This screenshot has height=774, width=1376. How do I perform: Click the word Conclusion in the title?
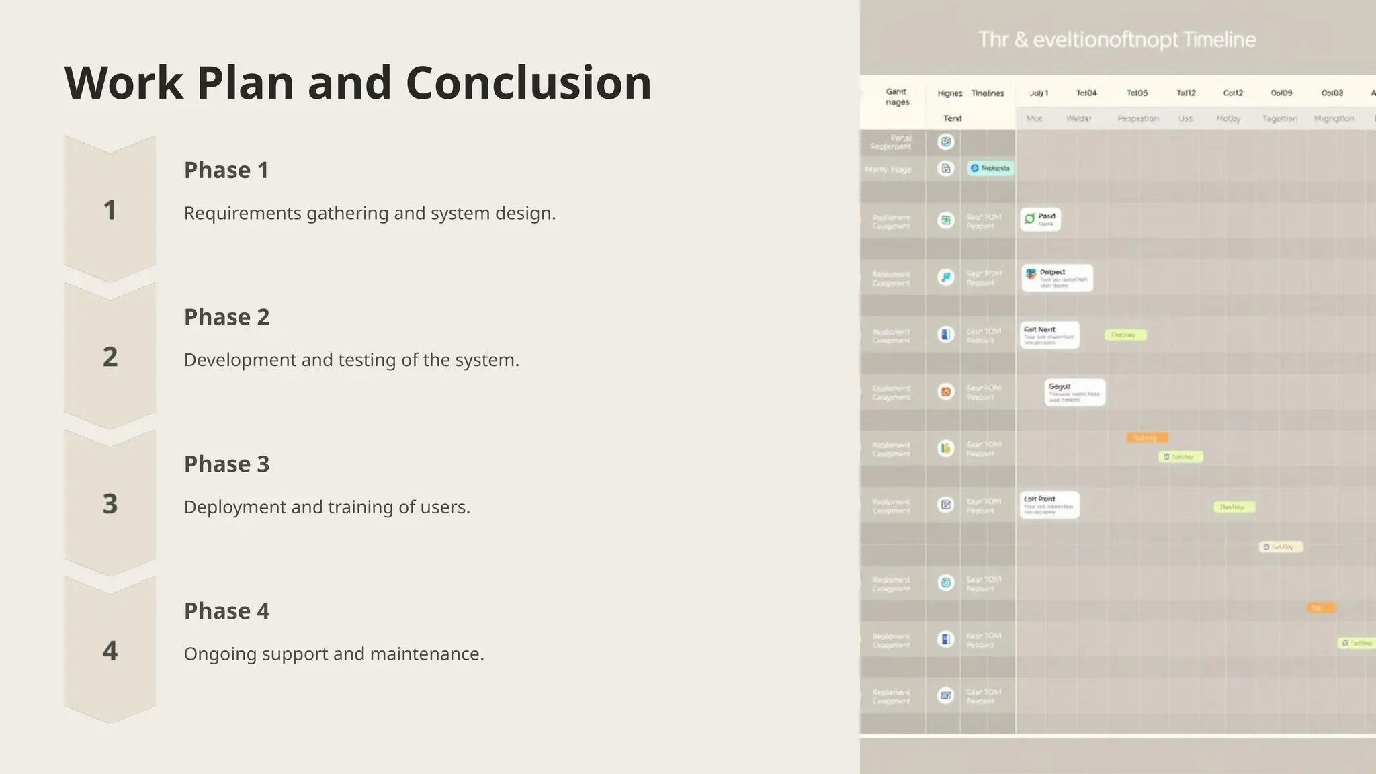[x=528, y=83]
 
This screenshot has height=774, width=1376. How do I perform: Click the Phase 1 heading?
[x=226, y=171]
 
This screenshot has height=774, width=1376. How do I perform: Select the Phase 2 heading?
[x=226, y=317]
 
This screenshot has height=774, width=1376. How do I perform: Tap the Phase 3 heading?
[x=226, y=464]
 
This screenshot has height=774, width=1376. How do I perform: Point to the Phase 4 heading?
[x=226, y=611]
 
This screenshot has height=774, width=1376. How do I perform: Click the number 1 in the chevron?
[x=110, y=210]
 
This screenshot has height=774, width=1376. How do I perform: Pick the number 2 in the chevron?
[x=110, y=357]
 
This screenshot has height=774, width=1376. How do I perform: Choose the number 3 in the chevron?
[x=110, y=504]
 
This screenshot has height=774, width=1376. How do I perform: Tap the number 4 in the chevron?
[x=110, y=651]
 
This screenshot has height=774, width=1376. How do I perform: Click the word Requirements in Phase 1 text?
[x=243, y=214]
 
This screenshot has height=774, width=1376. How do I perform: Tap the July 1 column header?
[x=1039, y=93]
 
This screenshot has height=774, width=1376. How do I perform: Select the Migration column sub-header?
[x=1334, y=119]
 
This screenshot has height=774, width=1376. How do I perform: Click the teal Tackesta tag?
[x=990, y=168]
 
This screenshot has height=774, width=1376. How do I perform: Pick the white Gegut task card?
[x=1074, y=392]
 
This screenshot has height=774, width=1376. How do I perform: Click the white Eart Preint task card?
[x=1049, y=505]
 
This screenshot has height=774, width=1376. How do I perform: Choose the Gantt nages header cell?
[x=896, y=97]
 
